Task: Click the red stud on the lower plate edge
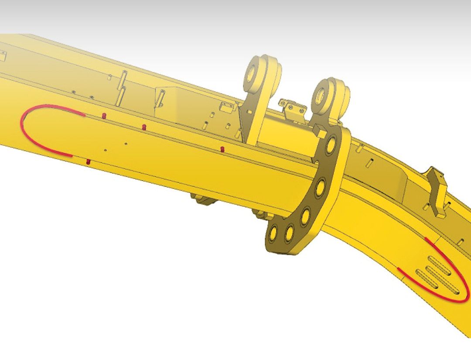(x=88, y=162)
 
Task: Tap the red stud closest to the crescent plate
(x=222, y=150)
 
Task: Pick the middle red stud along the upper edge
(x=144, y=127)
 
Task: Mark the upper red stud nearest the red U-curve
(x=104, y=115)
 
